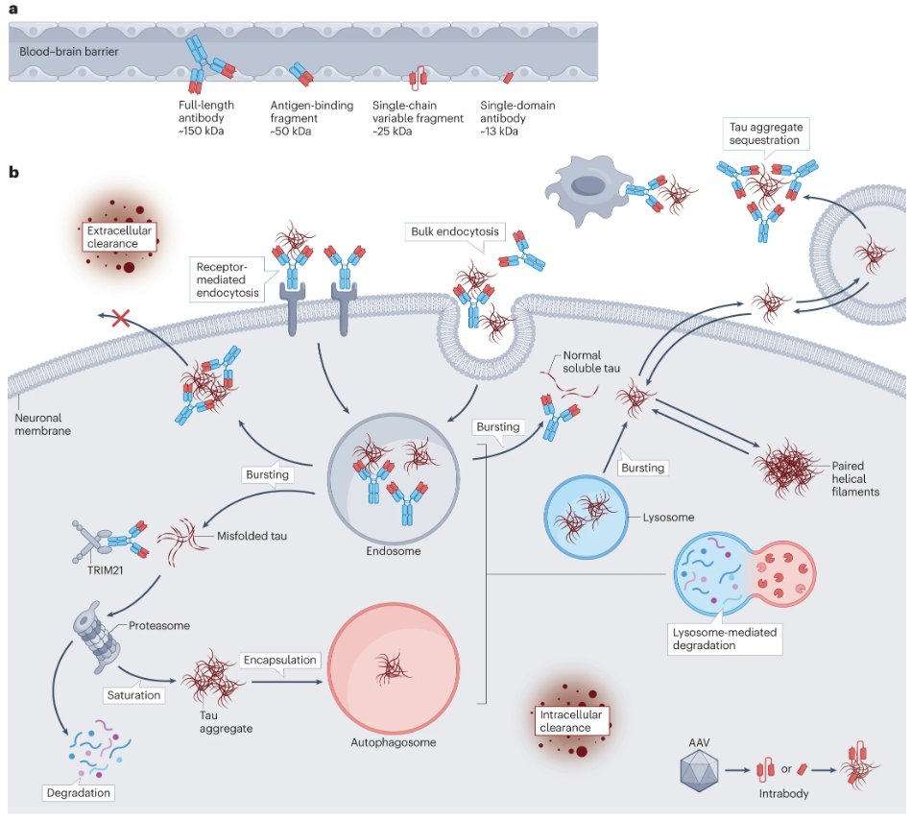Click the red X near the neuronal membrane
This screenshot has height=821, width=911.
(120, 318)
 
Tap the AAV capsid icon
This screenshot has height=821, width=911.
(699, 770)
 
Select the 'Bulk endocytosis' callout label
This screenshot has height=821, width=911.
(455, 231)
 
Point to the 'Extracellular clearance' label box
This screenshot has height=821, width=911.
(119, 237)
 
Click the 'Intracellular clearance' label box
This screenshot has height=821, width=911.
(572, 721)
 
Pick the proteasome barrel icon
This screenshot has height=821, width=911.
(96, 638)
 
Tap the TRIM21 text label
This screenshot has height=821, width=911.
(106, 570)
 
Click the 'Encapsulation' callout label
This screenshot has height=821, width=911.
(279, 660)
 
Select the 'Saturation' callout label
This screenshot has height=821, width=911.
(133, 695)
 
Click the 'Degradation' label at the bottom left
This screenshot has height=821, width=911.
(79, 792)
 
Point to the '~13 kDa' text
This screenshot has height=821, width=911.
(499, 132)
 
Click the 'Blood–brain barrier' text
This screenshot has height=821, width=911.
(68, 51)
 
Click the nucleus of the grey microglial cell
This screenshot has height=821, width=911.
(588, 186)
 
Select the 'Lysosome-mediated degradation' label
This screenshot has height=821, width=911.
(725, 639)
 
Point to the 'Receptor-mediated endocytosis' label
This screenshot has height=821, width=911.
(228, 279)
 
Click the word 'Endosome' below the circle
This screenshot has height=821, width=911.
(394, 551)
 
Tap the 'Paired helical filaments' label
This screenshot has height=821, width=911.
(855, 479)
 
